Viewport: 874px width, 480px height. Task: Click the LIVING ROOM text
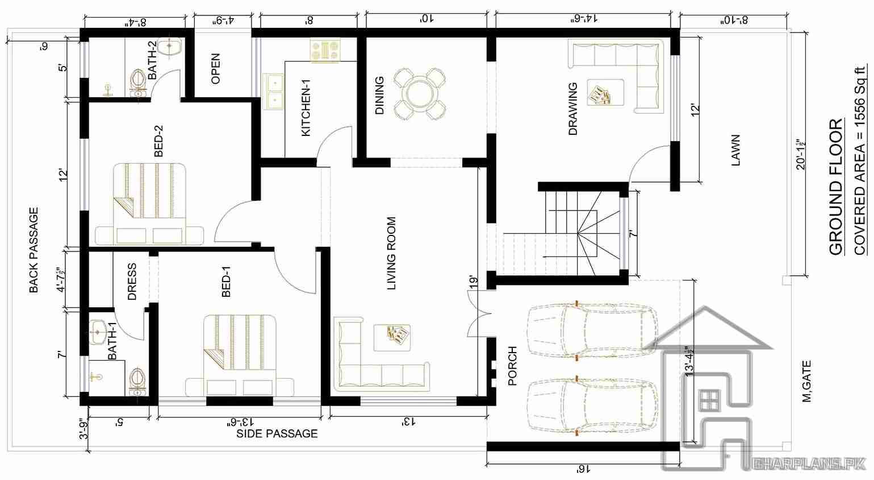[391, 253]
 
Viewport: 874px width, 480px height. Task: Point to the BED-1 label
[226, 283]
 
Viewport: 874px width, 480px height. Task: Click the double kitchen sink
[275, 91]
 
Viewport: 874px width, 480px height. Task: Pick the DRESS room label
[132, 281]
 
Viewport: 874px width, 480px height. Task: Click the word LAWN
[735, 150]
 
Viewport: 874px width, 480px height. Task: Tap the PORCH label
[512, 366]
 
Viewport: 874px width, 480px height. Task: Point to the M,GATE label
[806, 381]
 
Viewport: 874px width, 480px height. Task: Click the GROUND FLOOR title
[835, 188]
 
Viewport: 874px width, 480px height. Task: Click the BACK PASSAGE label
[34, 250]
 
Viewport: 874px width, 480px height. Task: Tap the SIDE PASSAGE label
[277, 433]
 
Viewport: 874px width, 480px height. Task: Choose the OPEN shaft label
[215, 69]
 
